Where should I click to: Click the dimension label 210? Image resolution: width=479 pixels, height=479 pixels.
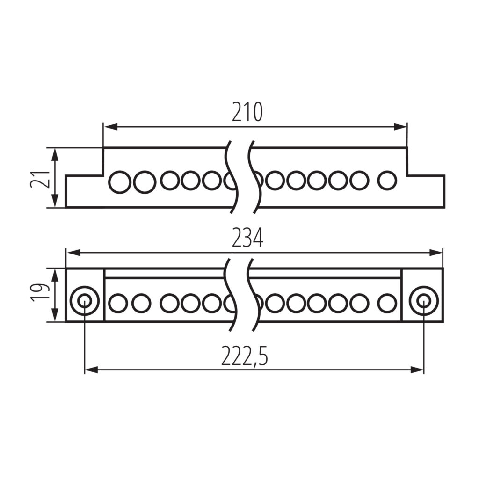pos(247,112)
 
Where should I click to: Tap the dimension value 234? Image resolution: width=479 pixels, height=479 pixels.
pos(247,238)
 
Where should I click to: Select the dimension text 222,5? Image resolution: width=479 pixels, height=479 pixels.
pos(244,356)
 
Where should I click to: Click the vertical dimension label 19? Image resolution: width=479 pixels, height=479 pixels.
pos(40,292)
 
